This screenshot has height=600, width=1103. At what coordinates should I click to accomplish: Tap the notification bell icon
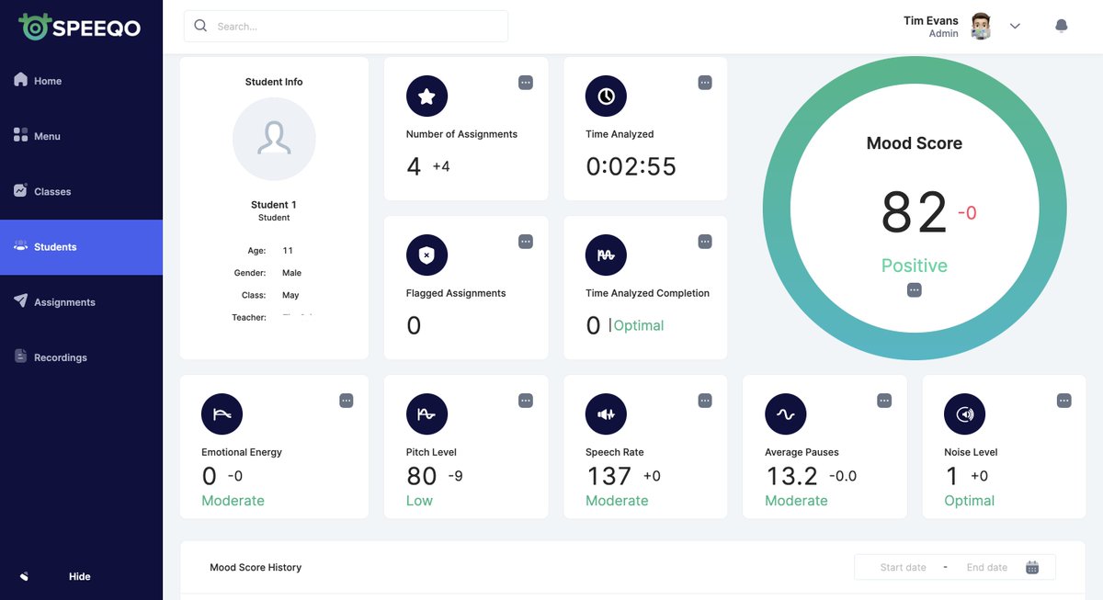pos(1061,27)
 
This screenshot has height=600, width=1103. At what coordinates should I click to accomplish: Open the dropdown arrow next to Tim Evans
pos(1015,27)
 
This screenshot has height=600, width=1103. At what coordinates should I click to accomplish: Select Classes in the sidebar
pos(52,191)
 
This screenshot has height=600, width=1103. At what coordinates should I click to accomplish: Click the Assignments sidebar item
pos(64,302)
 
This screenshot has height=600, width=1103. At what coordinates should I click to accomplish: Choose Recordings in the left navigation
pos(60,357)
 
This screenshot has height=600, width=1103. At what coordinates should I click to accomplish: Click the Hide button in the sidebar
pos(79,576)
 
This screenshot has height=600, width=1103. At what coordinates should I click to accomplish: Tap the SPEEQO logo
pos(81,27)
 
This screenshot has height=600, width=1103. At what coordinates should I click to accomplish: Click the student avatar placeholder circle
pos(274,139)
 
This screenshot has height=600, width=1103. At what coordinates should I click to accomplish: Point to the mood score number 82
pos(913,212)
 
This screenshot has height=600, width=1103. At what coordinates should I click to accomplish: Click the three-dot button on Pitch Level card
pos(526,401)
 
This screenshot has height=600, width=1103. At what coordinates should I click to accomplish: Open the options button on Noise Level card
pos(1063,401)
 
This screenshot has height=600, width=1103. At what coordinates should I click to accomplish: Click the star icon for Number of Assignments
pos(426,96)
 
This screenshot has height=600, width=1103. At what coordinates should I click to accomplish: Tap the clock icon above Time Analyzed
pos(606,96)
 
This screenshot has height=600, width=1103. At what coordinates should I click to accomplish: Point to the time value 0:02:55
pos(631,166)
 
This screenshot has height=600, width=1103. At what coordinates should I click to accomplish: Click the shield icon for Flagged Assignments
pos(426,255)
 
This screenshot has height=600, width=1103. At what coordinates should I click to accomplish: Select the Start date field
pos(903,567)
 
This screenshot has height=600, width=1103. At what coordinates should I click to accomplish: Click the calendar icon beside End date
pos(1032,567)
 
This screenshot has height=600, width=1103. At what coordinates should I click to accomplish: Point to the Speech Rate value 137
pos(608,476)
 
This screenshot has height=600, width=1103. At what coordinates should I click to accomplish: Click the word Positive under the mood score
pos(914,266)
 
